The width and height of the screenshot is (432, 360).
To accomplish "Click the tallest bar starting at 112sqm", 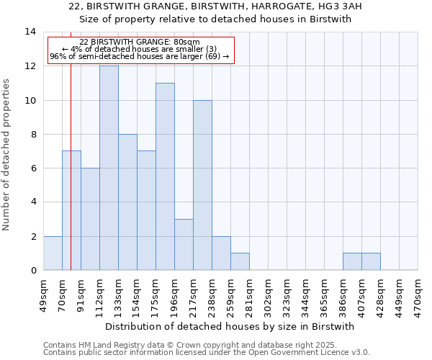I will (x=109, y=168).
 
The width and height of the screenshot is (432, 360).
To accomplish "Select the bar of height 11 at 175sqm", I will (x=165, y=176).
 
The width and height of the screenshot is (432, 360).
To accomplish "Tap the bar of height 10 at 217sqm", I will (x=202, y=185).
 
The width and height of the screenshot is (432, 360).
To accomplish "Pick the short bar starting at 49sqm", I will (x=53, y=253).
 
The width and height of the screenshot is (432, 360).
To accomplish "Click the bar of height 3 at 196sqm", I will (x=184, y=244).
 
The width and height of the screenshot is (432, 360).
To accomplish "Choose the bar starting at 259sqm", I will (x=240, y=261).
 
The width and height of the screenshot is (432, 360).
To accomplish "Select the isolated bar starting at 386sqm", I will (x=352, y=261).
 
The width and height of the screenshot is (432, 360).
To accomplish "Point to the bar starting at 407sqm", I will (x=371, y=261).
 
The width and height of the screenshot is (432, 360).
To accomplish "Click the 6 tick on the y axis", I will (x=33, y=168).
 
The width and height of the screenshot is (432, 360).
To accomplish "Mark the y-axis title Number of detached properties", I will (x=7, y=155).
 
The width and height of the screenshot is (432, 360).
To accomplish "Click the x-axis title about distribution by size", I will (x=235, y=326).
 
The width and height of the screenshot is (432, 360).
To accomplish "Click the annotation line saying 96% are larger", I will (x=140, y=56).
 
